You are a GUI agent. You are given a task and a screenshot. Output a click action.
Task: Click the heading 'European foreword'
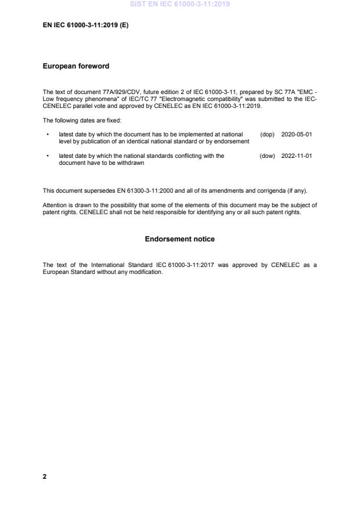(76, 67)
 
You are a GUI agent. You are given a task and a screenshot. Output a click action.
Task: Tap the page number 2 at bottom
(45, 476)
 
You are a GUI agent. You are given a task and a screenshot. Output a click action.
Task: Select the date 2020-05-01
(296, 134)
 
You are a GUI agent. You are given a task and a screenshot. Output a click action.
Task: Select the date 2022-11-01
(296, 156)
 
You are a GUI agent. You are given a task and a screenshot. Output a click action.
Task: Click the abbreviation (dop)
(267, 134)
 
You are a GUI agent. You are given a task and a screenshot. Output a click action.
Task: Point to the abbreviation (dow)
(267, 156)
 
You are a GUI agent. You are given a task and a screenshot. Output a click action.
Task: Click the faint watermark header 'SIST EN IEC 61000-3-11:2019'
(180, 4)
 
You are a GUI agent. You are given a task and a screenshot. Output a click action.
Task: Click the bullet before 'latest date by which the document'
(48, 134)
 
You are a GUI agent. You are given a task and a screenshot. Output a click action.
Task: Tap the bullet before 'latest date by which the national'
(48, 156)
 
